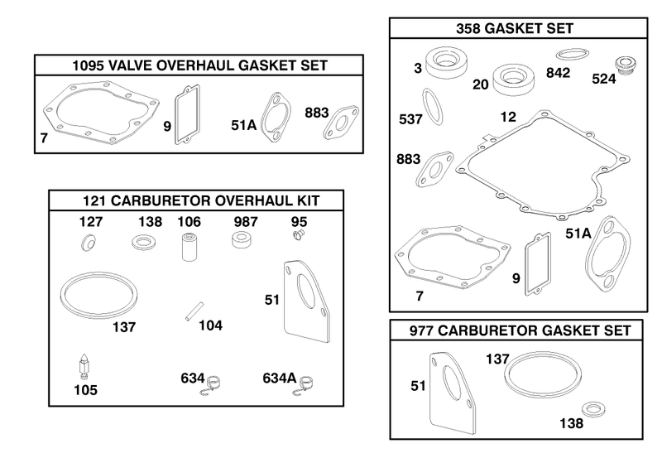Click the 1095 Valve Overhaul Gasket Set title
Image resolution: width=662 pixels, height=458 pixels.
pos(199,65)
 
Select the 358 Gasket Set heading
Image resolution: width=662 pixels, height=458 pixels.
pos(515,28)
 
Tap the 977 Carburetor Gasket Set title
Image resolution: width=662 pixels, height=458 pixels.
pos(520,330)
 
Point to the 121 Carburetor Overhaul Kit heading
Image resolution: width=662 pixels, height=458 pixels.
pos(201,200)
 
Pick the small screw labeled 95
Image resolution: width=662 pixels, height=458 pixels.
pos(299,234)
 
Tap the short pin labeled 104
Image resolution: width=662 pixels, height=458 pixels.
pos(194,311)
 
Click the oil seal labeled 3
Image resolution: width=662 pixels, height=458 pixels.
pos(444,62)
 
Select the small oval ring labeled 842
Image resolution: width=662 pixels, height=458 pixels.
pos(572,55)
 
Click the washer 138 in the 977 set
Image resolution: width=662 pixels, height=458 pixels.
pos(593,409)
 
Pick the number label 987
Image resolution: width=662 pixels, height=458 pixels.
pos(246,222)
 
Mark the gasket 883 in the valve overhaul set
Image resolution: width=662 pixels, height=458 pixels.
pos(341,122)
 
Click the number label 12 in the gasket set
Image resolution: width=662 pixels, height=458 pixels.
pos(508,117)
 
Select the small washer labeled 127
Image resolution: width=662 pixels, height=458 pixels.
pos(88,243)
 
